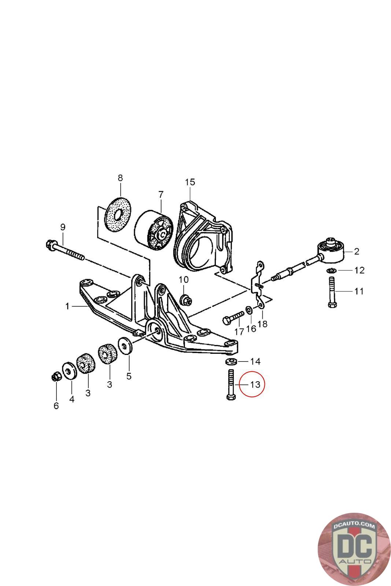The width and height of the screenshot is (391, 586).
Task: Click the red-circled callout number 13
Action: click(x=255, y=385)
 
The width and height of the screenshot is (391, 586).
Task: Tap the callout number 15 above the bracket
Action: click(x=190, y=182)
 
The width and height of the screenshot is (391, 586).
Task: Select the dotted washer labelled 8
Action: click(x=118, y=215)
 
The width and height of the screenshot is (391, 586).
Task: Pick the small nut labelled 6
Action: click(x=56, y=376)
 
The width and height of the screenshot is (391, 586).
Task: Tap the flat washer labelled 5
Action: click(x=125, y=346)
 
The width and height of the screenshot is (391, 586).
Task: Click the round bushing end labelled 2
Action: click(x=331, y=250)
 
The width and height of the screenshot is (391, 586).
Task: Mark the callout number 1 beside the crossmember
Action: click(x=67, y=306)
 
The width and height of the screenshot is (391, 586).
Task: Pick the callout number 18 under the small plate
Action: click(x=262, y=324)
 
